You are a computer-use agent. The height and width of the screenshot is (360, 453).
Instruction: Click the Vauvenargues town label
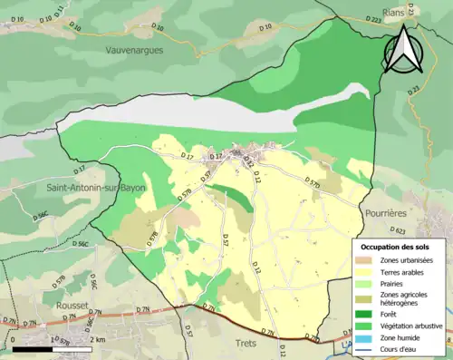[133, 51]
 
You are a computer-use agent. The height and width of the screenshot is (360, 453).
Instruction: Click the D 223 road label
[373, 19]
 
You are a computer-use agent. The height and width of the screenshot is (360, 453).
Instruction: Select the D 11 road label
[61, 12]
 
